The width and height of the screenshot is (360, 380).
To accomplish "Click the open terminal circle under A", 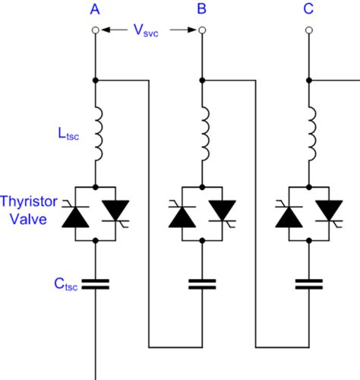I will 95,30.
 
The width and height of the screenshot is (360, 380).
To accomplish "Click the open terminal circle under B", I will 201,30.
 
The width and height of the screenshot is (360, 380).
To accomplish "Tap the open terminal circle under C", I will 308,30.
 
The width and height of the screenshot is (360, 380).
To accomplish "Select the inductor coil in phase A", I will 96,135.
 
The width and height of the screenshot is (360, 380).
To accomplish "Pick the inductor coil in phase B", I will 203,135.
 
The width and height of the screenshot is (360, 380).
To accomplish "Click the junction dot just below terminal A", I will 95,79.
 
